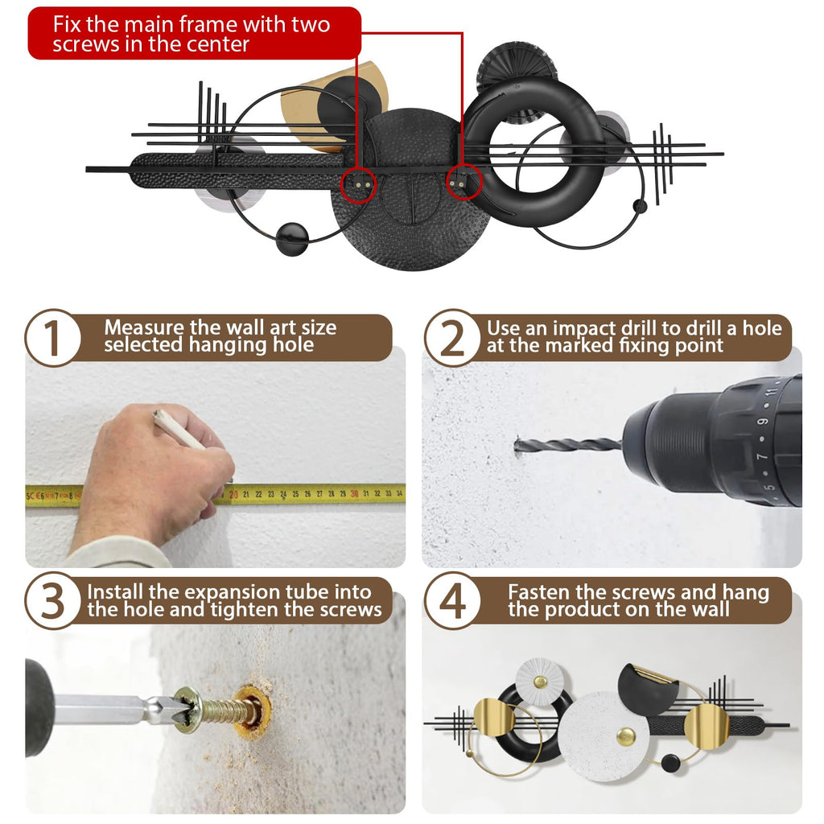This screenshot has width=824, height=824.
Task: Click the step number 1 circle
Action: pos(52,337)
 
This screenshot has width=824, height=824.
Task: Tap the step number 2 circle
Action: pos(452,337)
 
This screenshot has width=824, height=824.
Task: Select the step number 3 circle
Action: pos(52,600)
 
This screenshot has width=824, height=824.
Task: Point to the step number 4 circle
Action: pos(452,600)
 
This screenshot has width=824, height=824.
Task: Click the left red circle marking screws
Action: pos(358,184)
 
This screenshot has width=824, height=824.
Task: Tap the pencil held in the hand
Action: pos(179,430)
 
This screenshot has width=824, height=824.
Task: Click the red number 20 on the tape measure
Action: pos(233,495)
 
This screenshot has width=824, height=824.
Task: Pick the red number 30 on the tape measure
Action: pos(354,494)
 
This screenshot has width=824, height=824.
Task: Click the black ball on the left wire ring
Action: pos(292,239)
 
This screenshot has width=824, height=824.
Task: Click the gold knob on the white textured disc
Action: pos(625,736)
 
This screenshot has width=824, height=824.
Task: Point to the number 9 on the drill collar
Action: pos(763,422)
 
